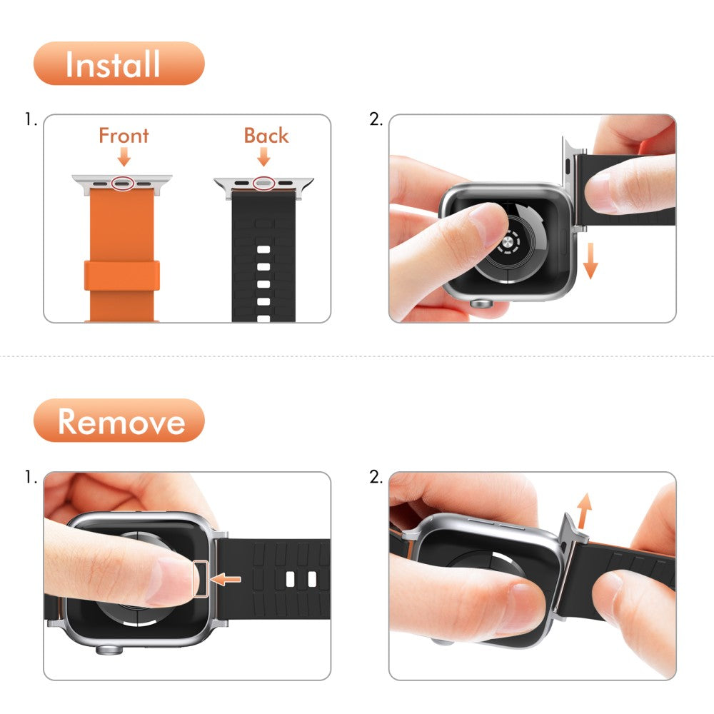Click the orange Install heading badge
(x=119, y=64)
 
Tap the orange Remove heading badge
(x=119, y=421)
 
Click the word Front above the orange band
(x=124, y=136)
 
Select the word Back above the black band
(x=266, y=136)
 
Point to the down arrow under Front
(x=124, y=157)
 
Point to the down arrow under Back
(x=264, y=157)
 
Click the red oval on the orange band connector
(x=123, y=183)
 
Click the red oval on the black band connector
(x=265, y=183)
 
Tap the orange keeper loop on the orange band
(x=121, y=276)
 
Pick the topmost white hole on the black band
(x=263, y=250)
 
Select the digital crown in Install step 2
(x=483, y=303)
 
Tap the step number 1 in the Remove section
(x=30, y=478)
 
